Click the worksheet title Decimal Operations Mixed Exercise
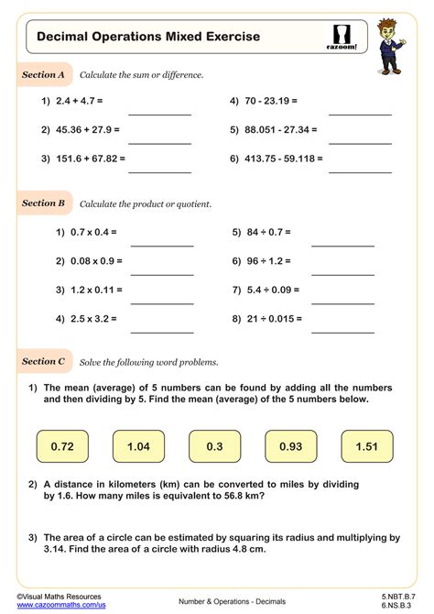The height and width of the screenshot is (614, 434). pyautogui.click(x=147, y=37)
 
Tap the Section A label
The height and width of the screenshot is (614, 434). pyautogui.click(x=43, y=74)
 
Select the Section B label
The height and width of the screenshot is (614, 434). pyautogui.click(x=43, y=203)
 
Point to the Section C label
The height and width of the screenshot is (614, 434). pyautogui.click(x=43, y=362)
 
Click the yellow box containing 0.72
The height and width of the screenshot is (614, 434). pyautogui.click(x=62, y=446)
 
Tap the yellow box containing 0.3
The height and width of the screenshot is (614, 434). pyautogui.click(x=214, y=446)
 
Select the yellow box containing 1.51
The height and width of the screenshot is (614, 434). pyautogui.click(x=366, y=446)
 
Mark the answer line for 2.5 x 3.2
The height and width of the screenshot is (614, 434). pyautogui.click(x=162, y=331)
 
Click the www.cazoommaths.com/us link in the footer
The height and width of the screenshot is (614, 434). pyautogui.click(x=54, y=605)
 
